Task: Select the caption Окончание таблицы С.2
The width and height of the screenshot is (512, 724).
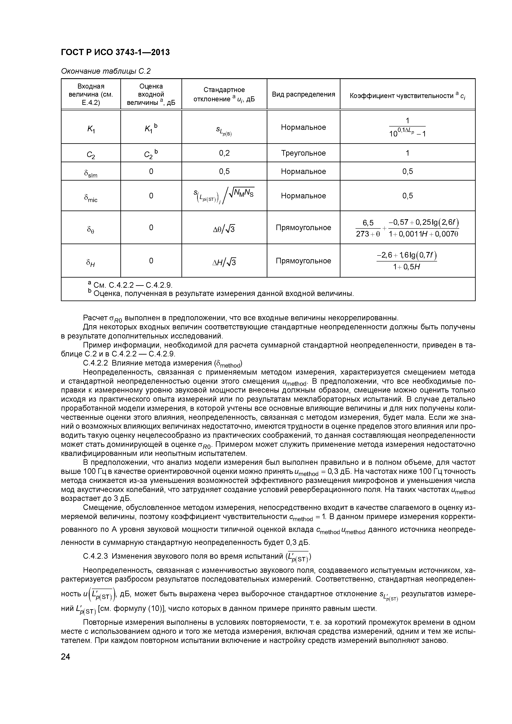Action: pos(106,71)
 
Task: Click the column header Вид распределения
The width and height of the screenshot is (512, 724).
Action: pos(303,94)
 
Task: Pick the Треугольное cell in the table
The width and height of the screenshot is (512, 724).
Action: pos(303,153)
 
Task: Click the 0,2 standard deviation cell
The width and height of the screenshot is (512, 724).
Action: pos(224,153)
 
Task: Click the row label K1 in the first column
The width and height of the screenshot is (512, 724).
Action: pos(91,129)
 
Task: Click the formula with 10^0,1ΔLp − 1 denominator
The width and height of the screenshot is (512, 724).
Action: pos(407,127)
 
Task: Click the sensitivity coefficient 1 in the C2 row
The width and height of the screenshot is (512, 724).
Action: pos(407,153)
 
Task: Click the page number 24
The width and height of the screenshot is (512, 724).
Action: pos(65,657)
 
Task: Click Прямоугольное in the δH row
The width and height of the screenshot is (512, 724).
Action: pos(303,261)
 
